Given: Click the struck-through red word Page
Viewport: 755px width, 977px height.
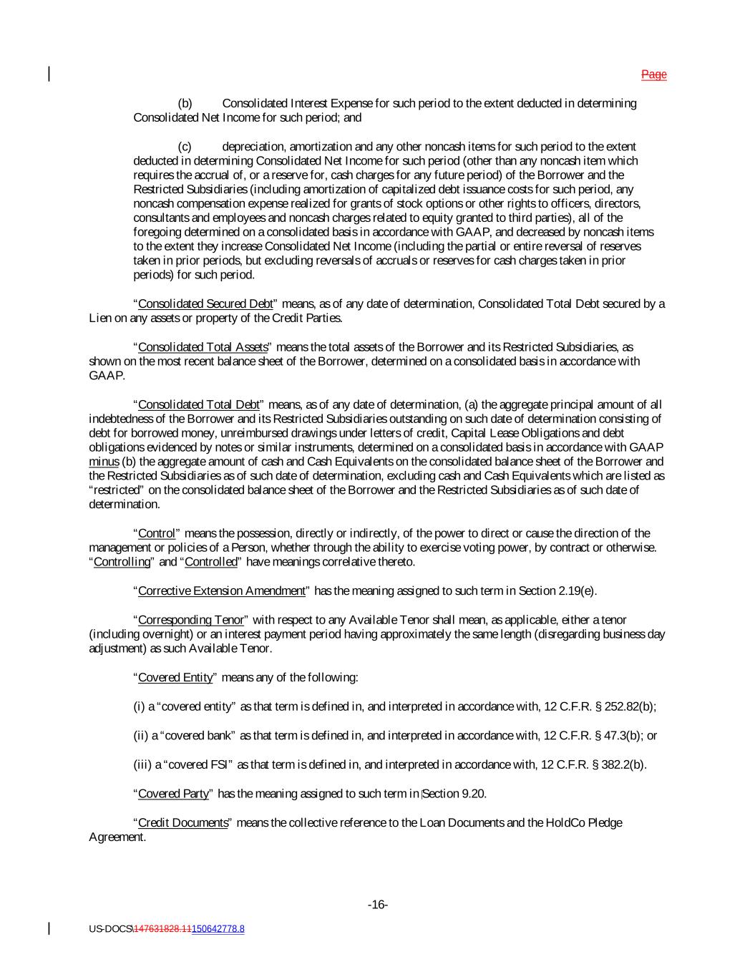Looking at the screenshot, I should pos(653,74).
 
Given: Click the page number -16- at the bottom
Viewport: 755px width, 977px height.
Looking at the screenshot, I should pos(377,905).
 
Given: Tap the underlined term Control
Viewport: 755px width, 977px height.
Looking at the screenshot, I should pos(156,533).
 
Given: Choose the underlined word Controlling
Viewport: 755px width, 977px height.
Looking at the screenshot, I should pos(122,562).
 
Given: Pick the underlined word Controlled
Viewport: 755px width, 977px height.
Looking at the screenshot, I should pos(210,562).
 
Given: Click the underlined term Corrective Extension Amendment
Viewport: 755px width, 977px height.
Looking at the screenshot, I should pos(221,591).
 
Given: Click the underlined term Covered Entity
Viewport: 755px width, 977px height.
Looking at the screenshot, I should pos(175,677).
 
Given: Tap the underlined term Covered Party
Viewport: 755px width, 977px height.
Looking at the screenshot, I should pos(173,794).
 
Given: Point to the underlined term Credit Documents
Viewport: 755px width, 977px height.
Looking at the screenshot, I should pos(182,822).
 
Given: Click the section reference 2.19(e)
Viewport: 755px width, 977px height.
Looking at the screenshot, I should pos(575,591).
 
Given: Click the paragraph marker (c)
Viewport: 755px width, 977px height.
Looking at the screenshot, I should pos(185,147).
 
